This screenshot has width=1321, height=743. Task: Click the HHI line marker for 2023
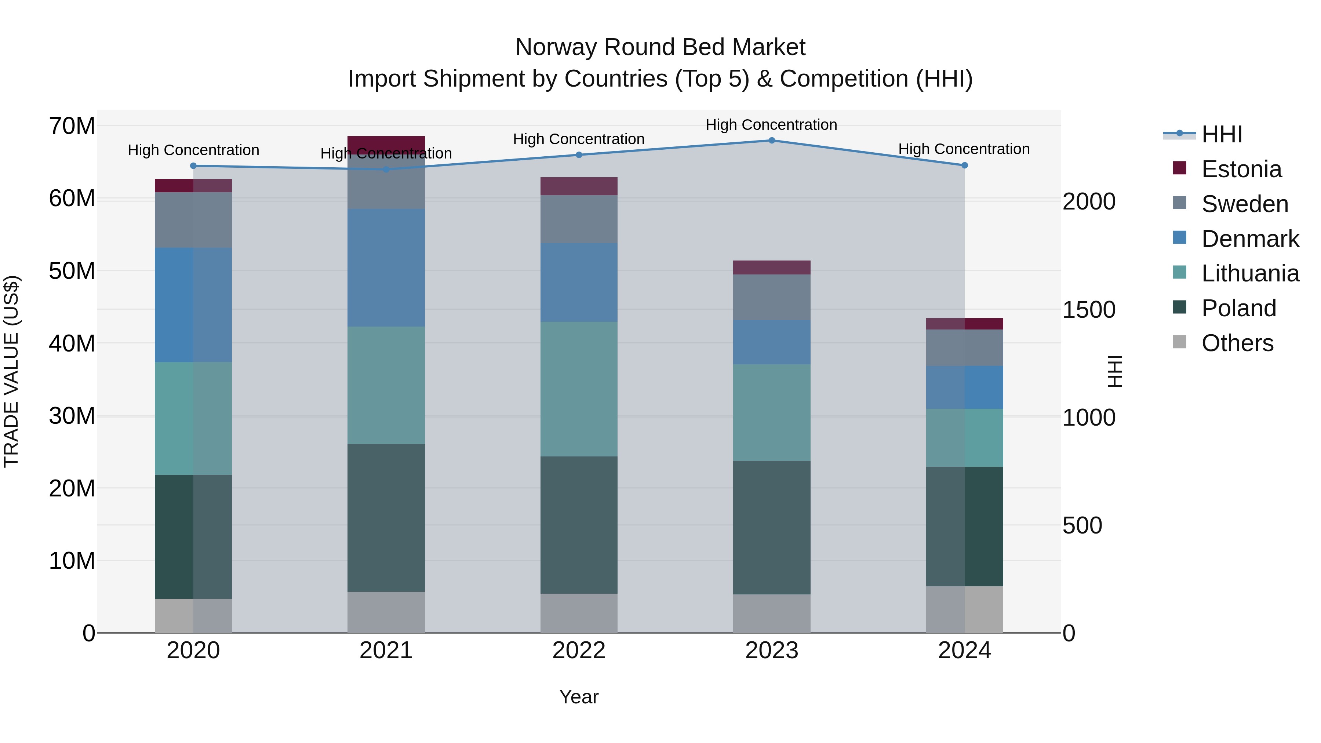771,141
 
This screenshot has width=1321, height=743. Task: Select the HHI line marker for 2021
386,169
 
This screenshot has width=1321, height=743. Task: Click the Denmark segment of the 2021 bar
386,268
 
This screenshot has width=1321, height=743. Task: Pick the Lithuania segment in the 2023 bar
771,412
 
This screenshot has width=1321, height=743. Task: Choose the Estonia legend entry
1241,169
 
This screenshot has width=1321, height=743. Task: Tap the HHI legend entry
1222,134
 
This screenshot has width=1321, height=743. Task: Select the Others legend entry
1237,343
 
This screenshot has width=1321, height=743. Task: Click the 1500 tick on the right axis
1088,310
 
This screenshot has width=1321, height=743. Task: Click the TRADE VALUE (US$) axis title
11,371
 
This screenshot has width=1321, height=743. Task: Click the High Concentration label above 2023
771,125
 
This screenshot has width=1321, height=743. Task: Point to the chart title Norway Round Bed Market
660,47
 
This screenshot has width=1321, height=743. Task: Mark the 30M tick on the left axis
72,416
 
